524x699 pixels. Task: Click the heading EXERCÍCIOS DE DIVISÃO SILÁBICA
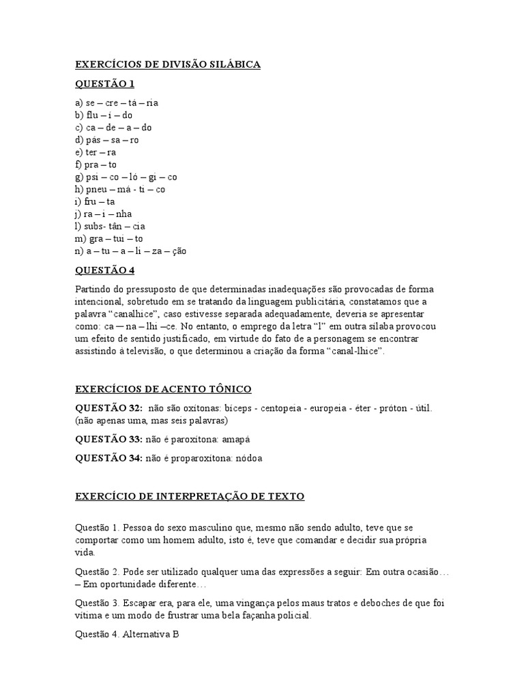(167, 64)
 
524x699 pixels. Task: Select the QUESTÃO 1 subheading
(104, 84)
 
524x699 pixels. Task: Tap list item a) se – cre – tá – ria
(117, 103)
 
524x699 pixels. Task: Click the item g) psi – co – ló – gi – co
(126, 177)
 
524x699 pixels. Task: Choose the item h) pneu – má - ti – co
(120, 189)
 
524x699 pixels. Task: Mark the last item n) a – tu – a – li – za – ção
(130, 251)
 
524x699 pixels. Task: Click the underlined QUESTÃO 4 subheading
(104, 270)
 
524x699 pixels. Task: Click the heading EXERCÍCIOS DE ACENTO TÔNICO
(163, 389)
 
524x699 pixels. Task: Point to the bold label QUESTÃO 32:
(108, 408)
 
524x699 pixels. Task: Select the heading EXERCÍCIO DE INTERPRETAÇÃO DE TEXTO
(190, 496)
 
